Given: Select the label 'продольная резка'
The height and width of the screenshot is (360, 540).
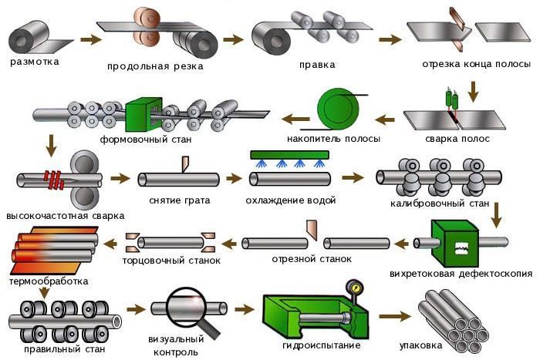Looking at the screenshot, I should tap(155, 66).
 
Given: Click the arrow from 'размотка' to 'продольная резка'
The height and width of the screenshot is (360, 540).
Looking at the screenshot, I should tap(90, 37).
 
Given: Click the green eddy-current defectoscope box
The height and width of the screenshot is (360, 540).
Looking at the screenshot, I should tap(461, 244).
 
